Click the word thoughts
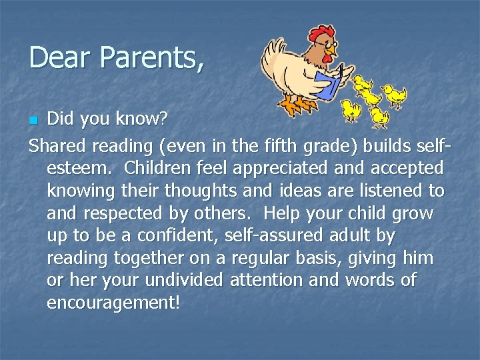(213, 190)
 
